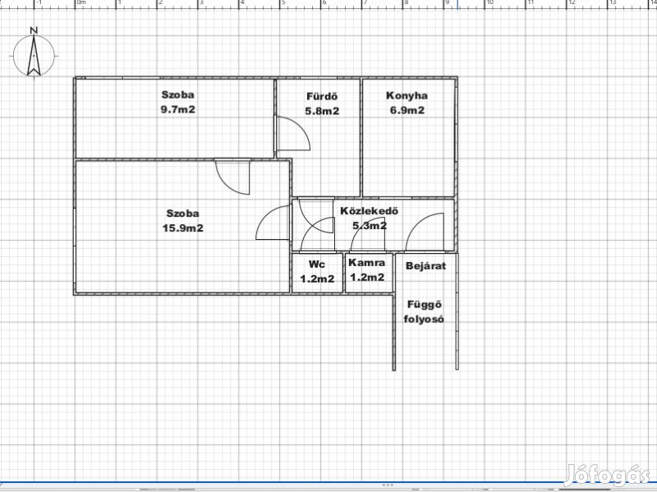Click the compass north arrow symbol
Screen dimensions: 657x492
pyautogui.click(x=34, y=56)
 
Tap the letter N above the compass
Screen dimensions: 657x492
pyautogui.click(x=34, y=30)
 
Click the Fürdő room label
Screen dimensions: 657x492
pyautogui.click(x=322, y=96)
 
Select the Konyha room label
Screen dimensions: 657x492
pyautogui.click(x=407, y=95)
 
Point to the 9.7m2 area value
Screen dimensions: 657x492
pyautogui.click(x=178, y=110)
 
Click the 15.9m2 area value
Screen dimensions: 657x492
pyautogui.click(x=182, y=228)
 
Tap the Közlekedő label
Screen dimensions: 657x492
pyautogui.click(x=369, y=211)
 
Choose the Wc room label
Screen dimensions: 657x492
pyautogui.click(x=317, y=264)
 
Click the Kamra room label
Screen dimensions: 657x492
pyautogui.click(x=366, y=263)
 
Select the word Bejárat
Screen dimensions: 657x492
pyautogui.click(x=425, y=265)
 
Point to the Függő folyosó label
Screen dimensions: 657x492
pyautogui.click(x=424, y=312)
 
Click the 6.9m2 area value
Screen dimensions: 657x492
pyautogui.click(x=407, y=110)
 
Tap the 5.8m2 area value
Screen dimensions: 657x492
pyautogui.click(x=322, y=111)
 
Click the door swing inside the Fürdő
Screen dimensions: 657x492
pyautogui.click(x=300, y=126)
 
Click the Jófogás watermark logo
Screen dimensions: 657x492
pyautogui.click(x=606, y=476)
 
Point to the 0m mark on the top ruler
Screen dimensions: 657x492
pyautogui.click(x=80, y=2)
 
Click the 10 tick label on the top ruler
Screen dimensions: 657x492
pyautogui.click(x=489, y=2)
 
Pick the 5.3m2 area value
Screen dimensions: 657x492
pyautogui.click(x=369, y=226)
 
